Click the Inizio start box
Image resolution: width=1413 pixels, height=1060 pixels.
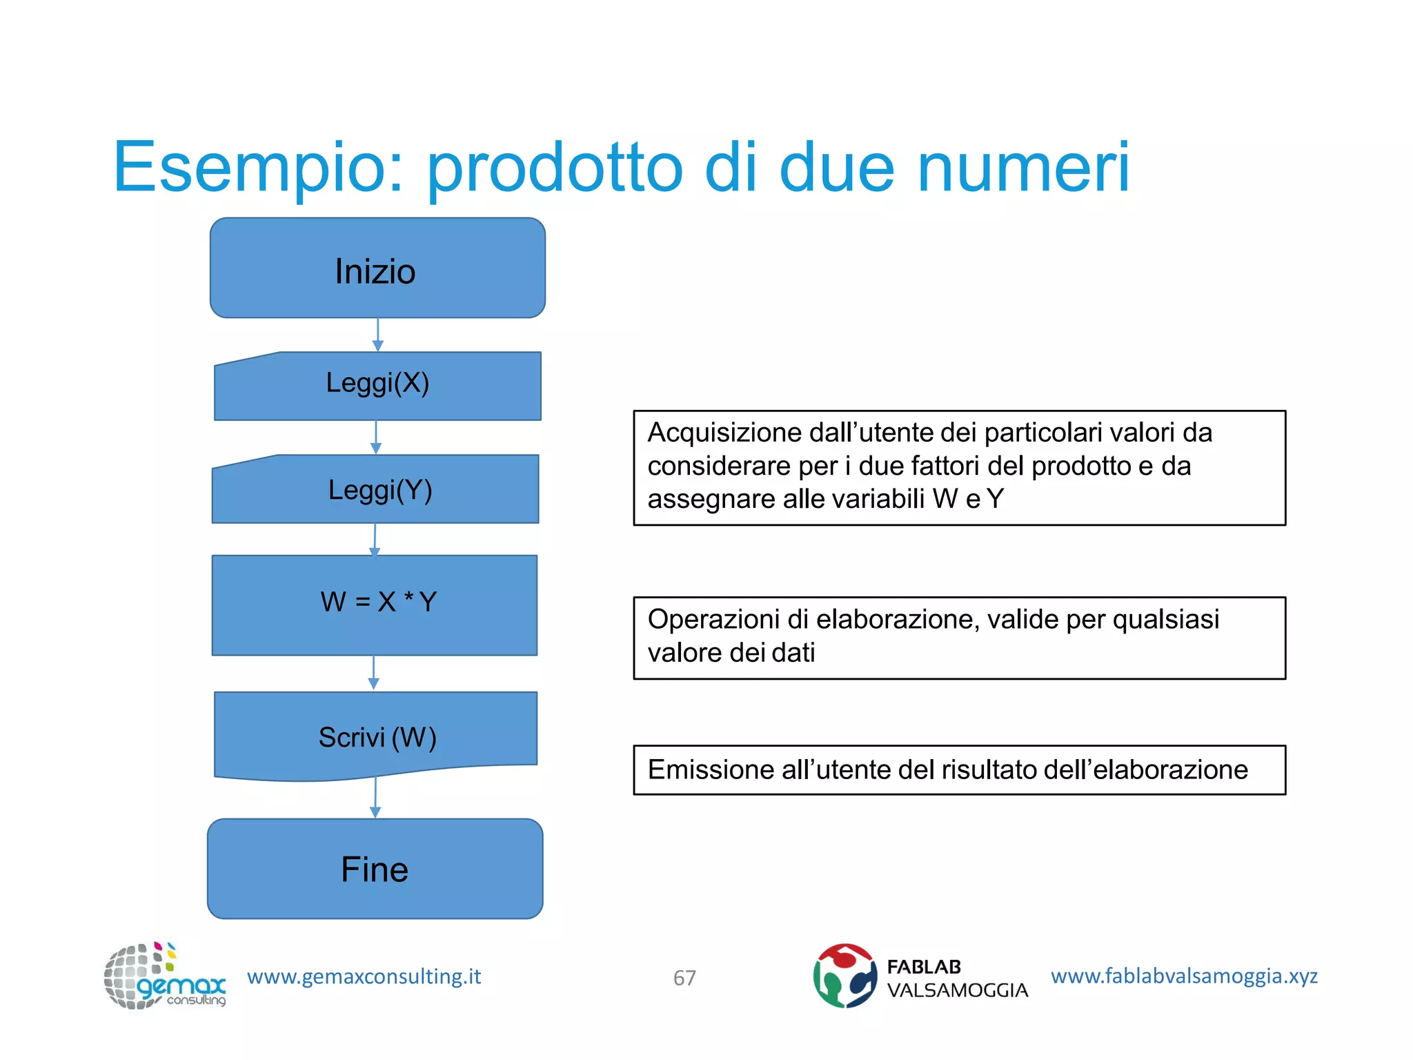coord(377,268)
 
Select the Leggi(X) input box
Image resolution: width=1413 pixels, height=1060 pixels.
coord(377,386)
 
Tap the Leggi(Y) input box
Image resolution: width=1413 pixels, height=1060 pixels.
coord(376,489)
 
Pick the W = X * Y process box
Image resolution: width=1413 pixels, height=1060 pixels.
coord(375,605)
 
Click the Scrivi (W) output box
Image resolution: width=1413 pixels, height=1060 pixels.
coord(376,736)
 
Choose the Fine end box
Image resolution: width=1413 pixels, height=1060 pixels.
coord(375,869)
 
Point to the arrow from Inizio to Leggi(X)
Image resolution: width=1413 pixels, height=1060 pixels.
coord(377,335)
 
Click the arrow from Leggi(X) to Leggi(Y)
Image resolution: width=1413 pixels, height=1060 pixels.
coord(376,438)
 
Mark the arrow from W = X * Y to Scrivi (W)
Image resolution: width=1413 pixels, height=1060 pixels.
coord(374,673)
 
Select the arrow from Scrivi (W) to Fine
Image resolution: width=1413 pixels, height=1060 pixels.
coord(375,799)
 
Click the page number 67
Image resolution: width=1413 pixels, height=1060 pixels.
coord(684,978)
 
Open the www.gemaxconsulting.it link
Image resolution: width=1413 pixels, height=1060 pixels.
coord(364,976)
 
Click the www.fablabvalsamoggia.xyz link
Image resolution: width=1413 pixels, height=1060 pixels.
coord(1184,976)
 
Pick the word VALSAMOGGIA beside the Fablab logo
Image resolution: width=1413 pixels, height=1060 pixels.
coord(957,990)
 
